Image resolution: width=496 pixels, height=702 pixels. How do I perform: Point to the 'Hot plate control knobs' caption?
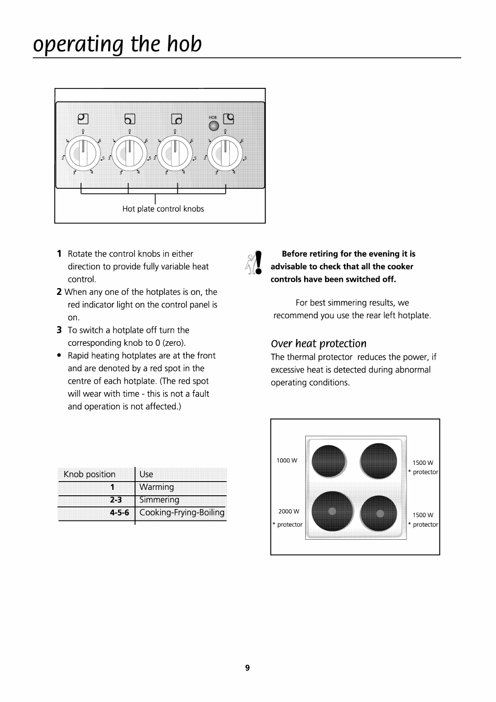point(163,209)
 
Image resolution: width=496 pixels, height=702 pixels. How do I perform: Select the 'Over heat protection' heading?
point(318,344)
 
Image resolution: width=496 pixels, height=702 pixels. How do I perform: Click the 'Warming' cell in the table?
point(156,487)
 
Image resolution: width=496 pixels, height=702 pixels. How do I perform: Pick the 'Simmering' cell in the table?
point(159,500)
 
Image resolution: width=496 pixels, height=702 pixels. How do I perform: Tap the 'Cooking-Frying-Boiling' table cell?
point(181,513)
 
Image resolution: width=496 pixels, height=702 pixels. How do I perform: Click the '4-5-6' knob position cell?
point(119,513)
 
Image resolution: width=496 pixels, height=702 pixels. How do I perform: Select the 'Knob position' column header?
point(89,474)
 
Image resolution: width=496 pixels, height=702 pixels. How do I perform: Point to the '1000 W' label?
point(287,461)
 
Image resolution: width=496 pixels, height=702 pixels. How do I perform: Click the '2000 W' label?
point(289,512)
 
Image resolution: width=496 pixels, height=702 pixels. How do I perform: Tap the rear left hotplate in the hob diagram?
point(329,461)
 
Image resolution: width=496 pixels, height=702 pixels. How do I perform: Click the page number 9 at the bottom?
point(247,668)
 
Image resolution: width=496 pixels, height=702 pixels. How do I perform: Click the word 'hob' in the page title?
point(185,44)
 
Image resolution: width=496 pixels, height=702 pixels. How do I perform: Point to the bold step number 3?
point(59,330)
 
